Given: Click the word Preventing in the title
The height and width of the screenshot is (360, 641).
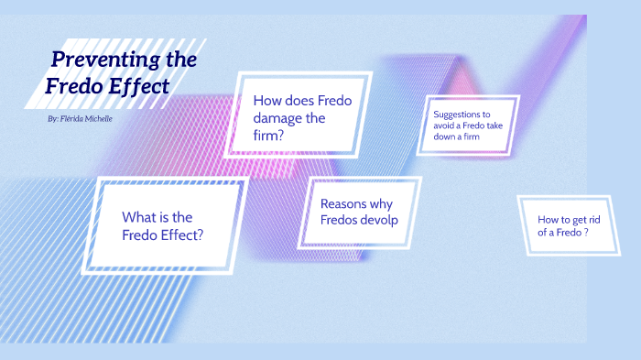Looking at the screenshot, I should pos(95,60).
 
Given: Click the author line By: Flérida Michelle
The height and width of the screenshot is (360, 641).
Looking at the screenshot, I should pos(80,119).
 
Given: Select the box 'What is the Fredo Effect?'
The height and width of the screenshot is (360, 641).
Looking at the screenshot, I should pos(163,225).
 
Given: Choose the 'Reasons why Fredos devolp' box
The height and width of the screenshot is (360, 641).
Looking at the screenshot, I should pos(359,212).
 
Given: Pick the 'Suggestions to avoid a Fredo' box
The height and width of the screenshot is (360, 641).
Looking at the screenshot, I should pos(469,125).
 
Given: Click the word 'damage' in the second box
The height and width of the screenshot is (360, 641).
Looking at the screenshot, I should pos(277,118).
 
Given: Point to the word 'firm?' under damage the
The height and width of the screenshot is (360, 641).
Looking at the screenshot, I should pos(268,136).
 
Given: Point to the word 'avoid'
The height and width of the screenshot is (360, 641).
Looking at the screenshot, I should pos(446,125).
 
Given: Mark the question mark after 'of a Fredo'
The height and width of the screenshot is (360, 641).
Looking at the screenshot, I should pos(585,233).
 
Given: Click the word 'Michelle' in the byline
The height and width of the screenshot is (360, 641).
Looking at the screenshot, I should pos(97,119).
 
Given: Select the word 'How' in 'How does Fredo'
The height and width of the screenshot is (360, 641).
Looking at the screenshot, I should pos(266,101).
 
